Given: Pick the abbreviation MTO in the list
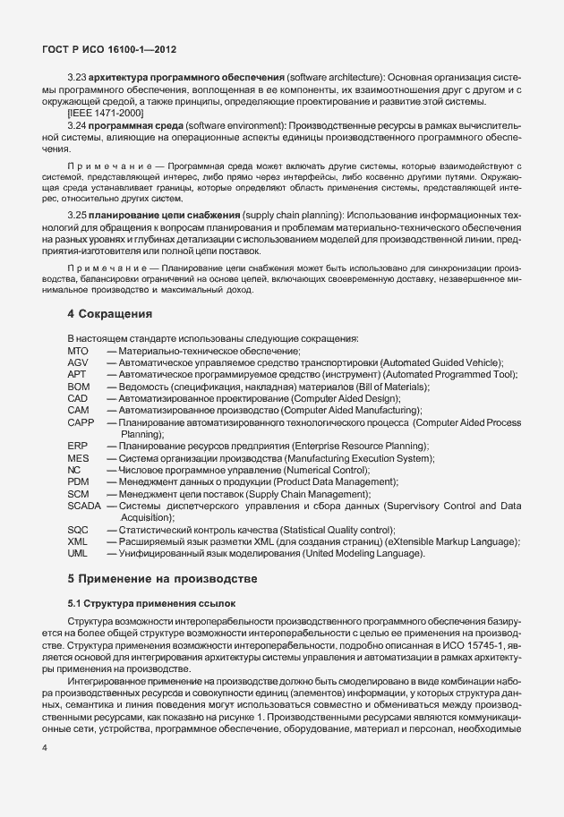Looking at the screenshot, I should (78, 351).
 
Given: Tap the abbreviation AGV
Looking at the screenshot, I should (78, 362).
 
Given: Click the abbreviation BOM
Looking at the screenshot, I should (78, 387).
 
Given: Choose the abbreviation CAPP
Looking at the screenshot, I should (81, 421).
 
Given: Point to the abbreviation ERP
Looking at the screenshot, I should (77, 446).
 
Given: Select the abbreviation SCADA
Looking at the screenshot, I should (84, 506).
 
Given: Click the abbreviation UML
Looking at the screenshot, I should (78, 553).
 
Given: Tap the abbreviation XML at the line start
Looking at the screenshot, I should (78, 541).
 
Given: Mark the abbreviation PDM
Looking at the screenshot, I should (78, 481).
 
